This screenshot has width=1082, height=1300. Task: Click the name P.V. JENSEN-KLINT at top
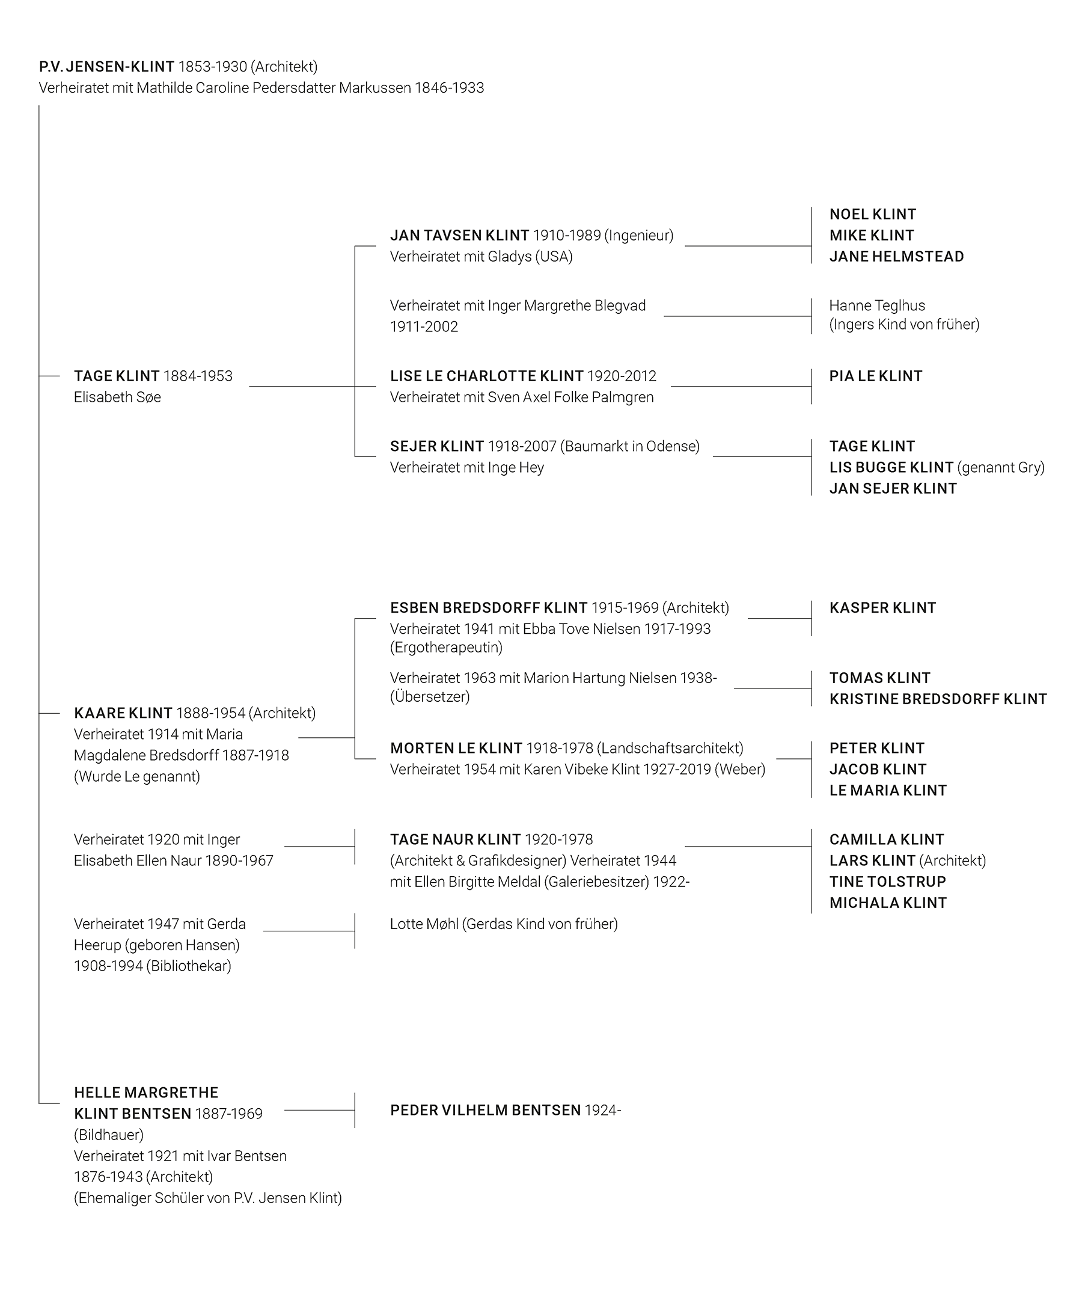106,67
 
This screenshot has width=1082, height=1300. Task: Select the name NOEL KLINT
872,214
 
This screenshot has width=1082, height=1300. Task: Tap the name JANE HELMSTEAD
896,256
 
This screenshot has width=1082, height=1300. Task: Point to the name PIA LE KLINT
875,376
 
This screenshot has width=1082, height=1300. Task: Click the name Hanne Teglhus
876,306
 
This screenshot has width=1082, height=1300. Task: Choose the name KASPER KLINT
882,608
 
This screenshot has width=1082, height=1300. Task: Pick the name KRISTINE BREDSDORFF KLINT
938,699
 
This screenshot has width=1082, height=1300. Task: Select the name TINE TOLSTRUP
887,882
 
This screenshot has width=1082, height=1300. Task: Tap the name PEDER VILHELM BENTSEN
485,1111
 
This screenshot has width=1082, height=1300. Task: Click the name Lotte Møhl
424,924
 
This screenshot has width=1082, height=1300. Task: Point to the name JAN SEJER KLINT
893,489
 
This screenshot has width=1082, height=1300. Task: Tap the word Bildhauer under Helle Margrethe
109,1135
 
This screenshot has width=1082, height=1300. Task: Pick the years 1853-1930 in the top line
212,67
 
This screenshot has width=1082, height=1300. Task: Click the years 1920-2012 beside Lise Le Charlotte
622,376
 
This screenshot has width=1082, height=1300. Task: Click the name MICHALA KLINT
888,903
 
